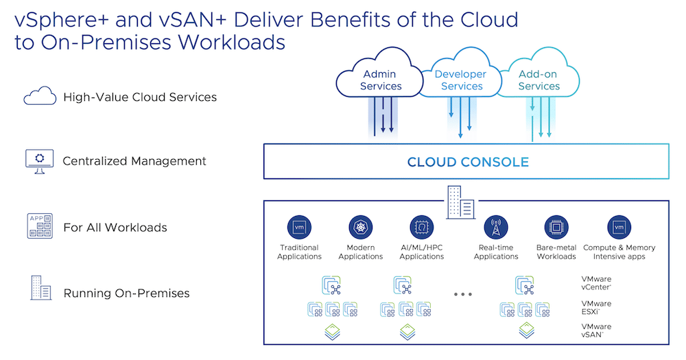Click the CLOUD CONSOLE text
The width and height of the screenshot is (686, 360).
468,162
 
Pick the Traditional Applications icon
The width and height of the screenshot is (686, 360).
299,228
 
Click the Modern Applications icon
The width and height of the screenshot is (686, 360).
361,228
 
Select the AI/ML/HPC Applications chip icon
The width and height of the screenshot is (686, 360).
422,228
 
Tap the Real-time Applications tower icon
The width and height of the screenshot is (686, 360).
496,228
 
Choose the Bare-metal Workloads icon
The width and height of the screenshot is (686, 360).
556,228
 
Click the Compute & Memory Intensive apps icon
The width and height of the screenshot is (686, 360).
619,228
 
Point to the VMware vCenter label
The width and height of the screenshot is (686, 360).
596,283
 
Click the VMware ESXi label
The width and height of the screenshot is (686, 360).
596,307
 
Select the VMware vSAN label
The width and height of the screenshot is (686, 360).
596,331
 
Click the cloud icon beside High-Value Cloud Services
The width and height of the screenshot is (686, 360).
40,96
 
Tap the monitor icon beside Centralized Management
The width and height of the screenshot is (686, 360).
39,161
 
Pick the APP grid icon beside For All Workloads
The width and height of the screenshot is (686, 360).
40,226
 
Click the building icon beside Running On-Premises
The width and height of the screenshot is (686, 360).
40,288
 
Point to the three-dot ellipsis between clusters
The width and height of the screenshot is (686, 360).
463,294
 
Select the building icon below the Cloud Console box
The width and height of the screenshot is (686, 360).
461,202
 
